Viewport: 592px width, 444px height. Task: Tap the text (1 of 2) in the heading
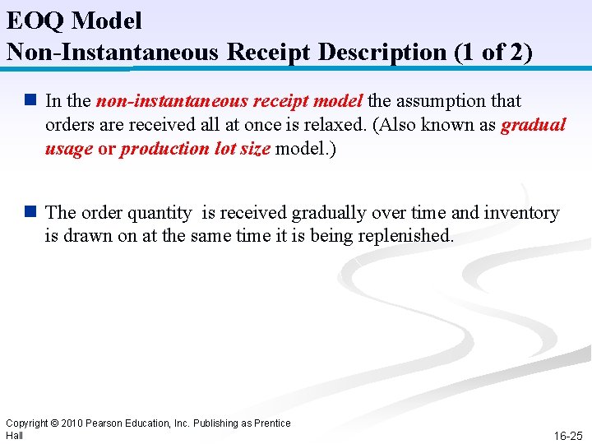[x=493, y=52]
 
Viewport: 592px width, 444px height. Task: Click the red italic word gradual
[x=534, y=125]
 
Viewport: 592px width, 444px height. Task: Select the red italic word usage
[x=69, y=149]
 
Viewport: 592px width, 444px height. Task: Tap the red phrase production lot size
[x=196, y=149]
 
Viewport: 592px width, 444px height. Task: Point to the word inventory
[x=521, y=213]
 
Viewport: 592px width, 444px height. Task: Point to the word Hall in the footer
[x=14, y=435]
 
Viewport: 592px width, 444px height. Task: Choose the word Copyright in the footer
[x=27, y=423]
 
